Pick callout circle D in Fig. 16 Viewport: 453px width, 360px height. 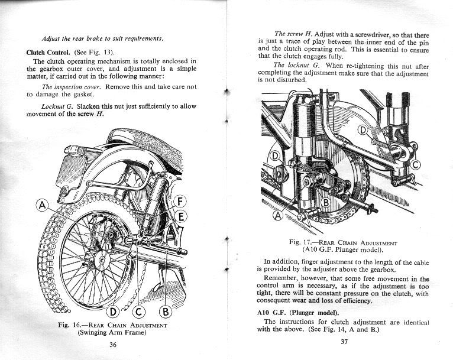click(113, 311)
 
